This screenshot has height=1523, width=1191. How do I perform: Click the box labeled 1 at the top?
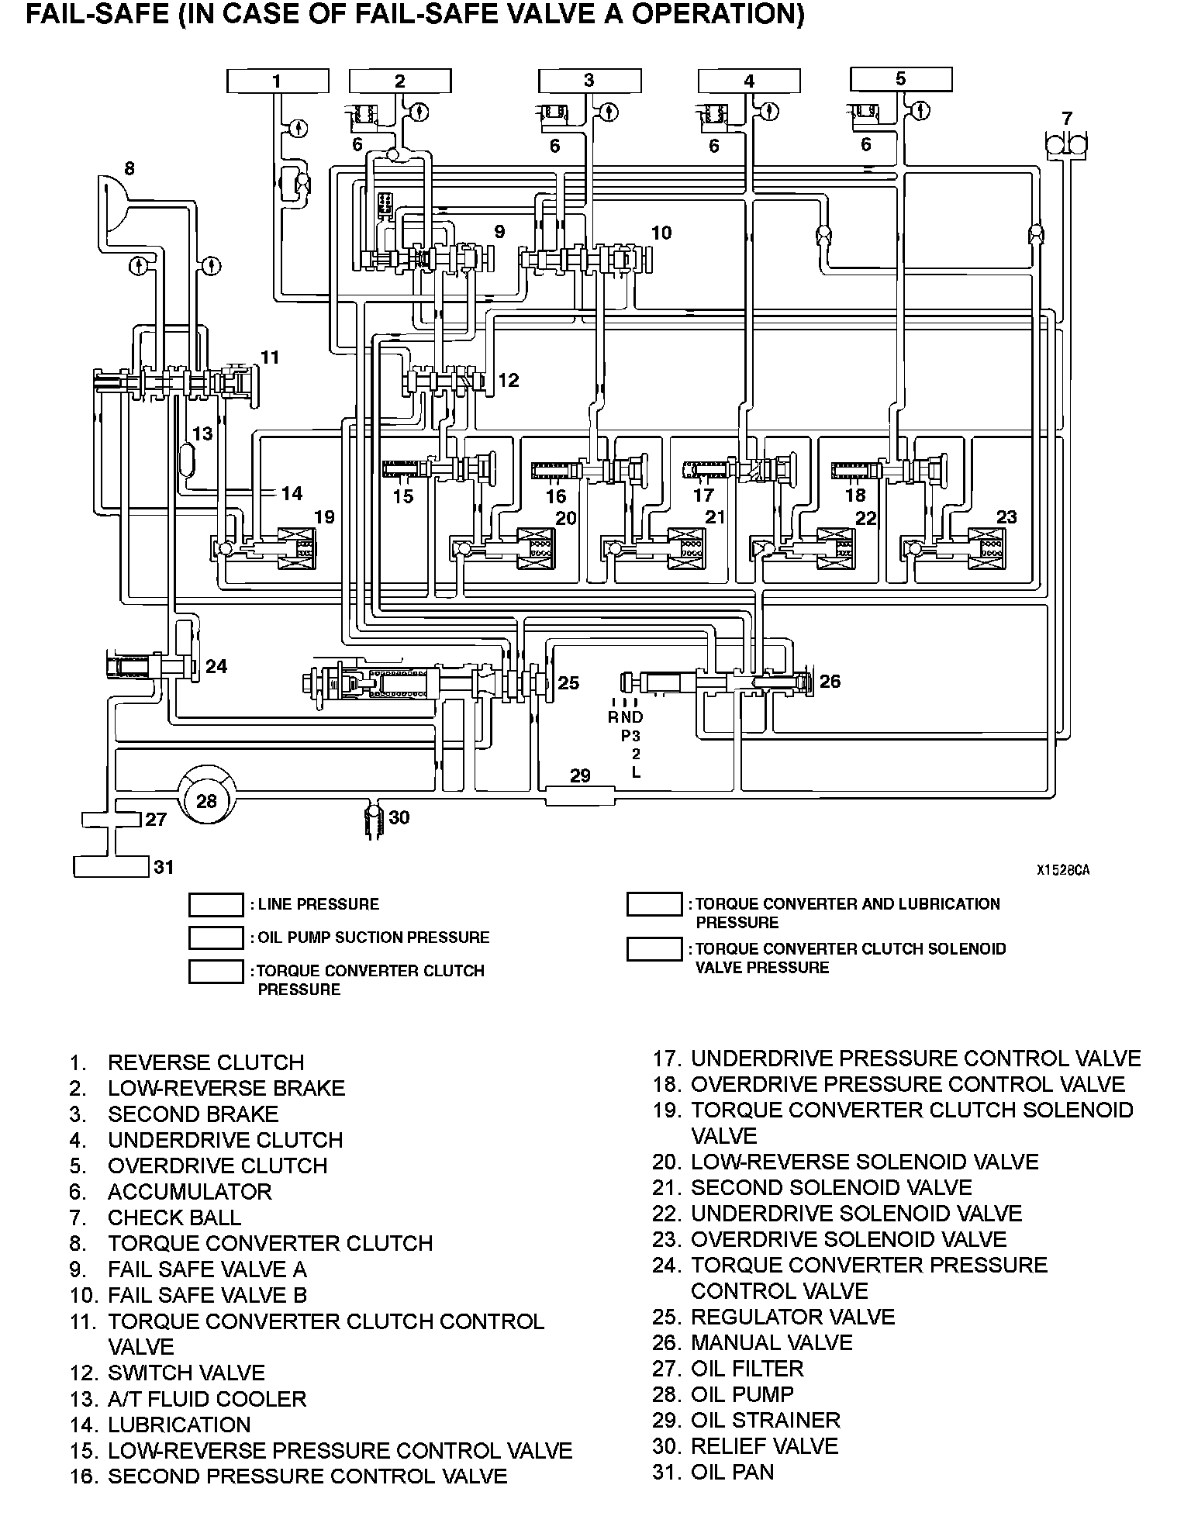coord(277,81)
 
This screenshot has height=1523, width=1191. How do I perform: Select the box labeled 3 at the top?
coord(589,81)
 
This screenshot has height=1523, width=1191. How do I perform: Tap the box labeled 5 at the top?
coord(900,79)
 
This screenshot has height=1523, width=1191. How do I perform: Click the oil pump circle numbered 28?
coord(206,799)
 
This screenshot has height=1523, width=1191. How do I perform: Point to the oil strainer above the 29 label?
coord(580,795)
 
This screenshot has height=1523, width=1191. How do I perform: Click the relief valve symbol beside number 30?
coord(375,820)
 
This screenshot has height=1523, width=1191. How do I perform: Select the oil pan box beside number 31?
coord(110,866)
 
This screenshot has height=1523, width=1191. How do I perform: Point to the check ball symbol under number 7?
coord(1067,144)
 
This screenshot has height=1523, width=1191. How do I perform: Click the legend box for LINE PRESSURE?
coord(216,905)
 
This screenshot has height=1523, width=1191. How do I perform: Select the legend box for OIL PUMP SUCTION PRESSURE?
coord(216,938)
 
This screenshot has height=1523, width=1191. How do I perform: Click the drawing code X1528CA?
coord(1062,870)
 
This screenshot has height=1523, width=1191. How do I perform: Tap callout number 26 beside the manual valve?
coord(830,681)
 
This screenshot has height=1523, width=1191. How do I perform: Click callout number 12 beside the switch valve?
coord(509,380)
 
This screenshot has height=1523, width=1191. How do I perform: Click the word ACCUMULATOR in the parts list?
coord(189,1191)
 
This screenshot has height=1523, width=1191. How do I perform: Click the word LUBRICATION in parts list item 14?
coord(179,1425)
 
